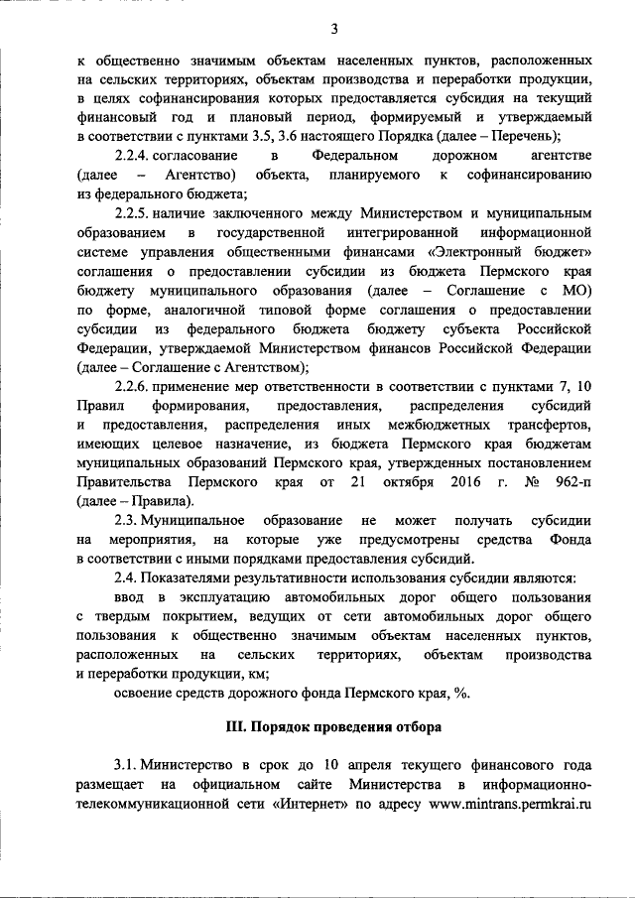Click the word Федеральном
pyautogui.click(x=355, y=157)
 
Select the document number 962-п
pyautogui.click(x=571, y=482)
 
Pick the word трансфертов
pyautogui.click(x=545, y=425)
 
